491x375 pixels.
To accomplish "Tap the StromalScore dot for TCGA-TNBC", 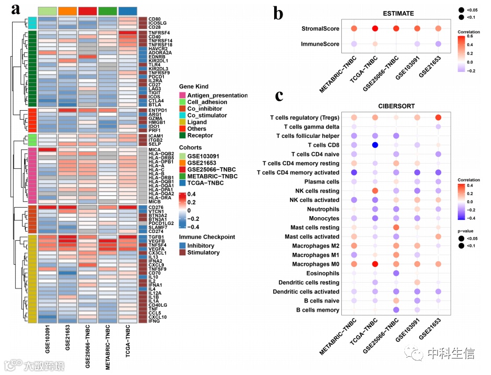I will pyautogui.click(x=375, y=29).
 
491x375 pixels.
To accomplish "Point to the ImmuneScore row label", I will pyautogui.click(x=319, y=45).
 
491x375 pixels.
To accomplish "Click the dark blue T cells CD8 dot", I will pyautogui.click(x=375, y=145).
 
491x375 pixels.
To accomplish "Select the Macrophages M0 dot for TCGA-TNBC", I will pyautogui.click(x=375, y=264).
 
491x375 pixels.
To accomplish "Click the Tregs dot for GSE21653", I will pyautogui.click(x=438, y=117).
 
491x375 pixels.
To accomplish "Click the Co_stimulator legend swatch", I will pyautogui.click(x=184, y=115).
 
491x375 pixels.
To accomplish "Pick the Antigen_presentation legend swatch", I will pyautogui.click(x=184, y=95).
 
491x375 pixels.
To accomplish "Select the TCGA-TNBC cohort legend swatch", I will pyautogui.click(x=184, y=183).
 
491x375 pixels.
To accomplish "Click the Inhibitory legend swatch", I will pyautogui.click(x=184, y=245).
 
